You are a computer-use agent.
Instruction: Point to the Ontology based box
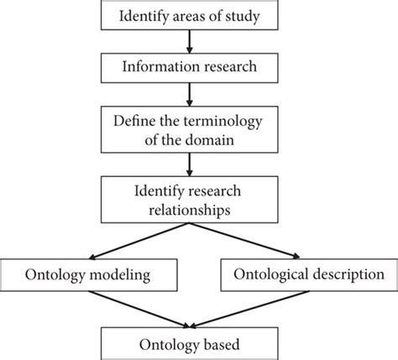(198, 344)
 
